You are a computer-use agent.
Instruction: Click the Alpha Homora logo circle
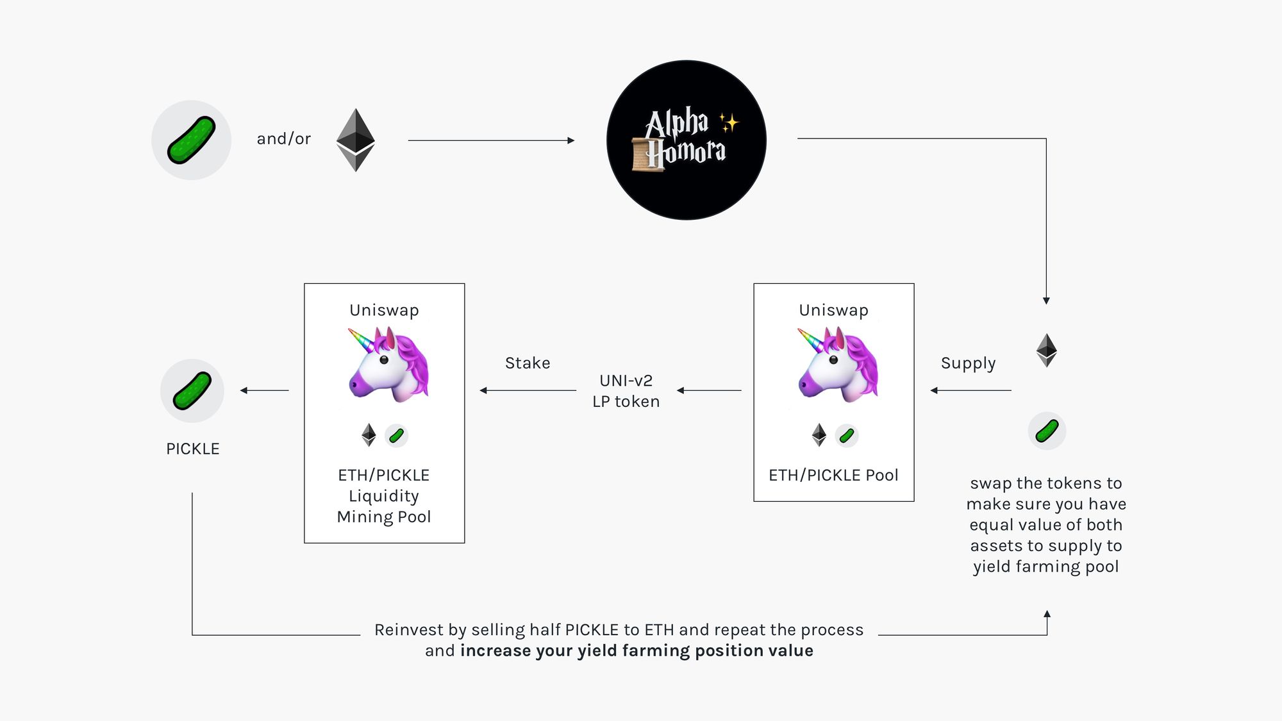click(x=686, y=140)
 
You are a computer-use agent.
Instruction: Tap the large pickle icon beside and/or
click(x=191, y=140)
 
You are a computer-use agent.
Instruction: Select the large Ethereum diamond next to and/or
click(x=356, y=140)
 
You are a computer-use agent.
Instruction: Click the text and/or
click(x=283, y=138)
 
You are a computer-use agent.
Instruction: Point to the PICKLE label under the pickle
click(x=192, y=449)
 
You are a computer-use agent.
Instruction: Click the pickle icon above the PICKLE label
click(x=192, y=390)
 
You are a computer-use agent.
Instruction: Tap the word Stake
click(x=528, y=363)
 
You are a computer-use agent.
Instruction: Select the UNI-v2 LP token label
click(x=626, y=391)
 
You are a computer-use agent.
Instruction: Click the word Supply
click(x=968, y=363)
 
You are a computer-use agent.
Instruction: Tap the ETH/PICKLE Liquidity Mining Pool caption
click(x=384, y=495)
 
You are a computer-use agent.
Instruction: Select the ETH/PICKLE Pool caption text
click(x=833, y=475)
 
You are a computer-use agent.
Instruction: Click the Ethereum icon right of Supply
click(x=1046, y=350)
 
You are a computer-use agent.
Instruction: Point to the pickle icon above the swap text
click(x=1047, y=431)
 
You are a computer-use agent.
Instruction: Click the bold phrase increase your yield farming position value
click(x=636, y=651)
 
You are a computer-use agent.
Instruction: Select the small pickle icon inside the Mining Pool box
click(x=397, y=436)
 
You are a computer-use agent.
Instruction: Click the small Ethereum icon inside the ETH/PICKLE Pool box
click(x=819, y=435)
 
